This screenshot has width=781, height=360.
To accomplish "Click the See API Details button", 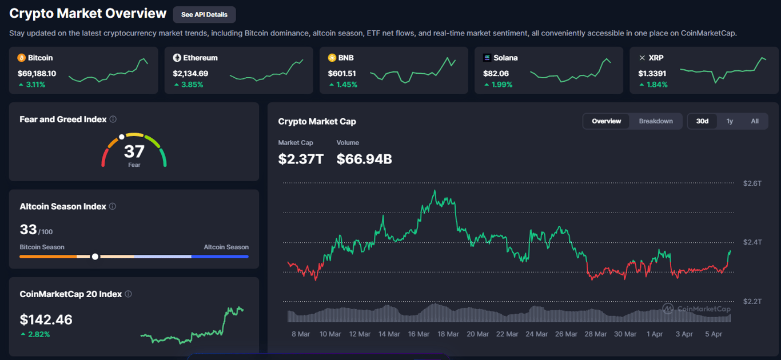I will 204,15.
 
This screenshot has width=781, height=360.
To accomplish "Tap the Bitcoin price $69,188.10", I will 37,73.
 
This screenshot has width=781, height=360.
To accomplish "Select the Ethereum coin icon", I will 177,58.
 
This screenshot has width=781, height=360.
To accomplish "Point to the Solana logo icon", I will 487,58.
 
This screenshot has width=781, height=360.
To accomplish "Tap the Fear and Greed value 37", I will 134,151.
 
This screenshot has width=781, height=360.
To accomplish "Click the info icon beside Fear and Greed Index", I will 113,119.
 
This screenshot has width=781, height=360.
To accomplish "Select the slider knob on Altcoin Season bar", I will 95,257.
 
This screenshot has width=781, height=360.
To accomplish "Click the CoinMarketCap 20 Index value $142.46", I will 46,319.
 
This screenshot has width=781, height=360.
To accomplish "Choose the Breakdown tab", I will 656,121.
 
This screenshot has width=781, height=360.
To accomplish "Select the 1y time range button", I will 730,121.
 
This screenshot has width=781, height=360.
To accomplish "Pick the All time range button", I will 755,121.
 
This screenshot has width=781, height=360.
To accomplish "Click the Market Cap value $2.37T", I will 301,159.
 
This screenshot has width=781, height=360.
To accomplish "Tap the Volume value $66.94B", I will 364,159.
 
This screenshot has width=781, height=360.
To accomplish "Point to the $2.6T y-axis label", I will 752,183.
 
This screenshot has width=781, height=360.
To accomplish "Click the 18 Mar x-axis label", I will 448,334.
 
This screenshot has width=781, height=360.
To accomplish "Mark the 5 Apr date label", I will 714,334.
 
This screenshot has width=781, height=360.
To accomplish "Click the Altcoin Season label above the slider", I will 226,247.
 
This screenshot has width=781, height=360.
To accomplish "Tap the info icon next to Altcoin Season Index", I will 113,206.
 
